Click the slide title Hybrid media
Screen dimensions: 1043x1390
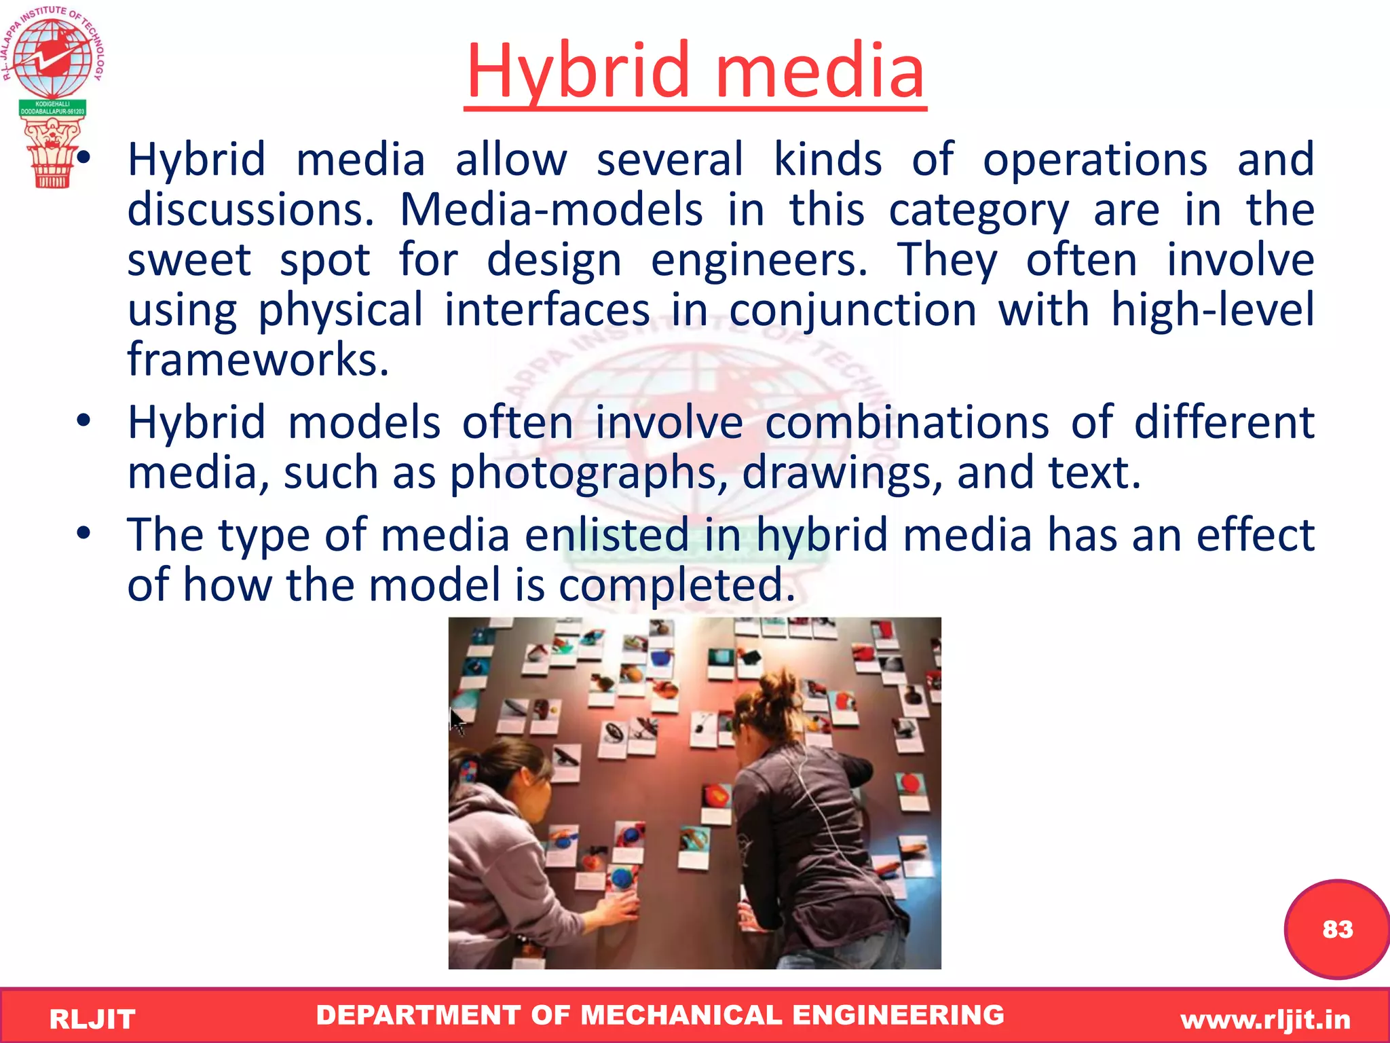click(x=695, y=71)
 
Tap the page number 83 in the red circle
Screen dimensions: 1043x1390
click(x=1337, y=929)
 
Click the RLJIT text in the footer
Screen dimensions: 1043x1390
click(x=92, y=1019)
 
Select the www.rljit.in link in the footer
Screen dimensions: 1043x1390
click(x=1265, y=1019)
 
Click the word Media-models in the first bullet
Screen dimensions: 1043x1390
click(x=551, y=210)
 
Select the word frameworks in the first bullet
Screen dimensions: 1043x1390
click(x=258, y=359)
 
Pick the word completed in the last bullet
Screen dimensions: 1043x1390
click(x=676, y=585)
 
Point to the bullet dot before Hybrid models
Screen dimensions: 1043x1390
click(x=83, y=422)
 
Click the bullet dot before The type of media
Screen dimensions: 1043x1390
click(x=83, y=534)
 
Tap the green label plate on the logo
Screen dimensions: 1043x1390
click(x=52, y=107)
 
